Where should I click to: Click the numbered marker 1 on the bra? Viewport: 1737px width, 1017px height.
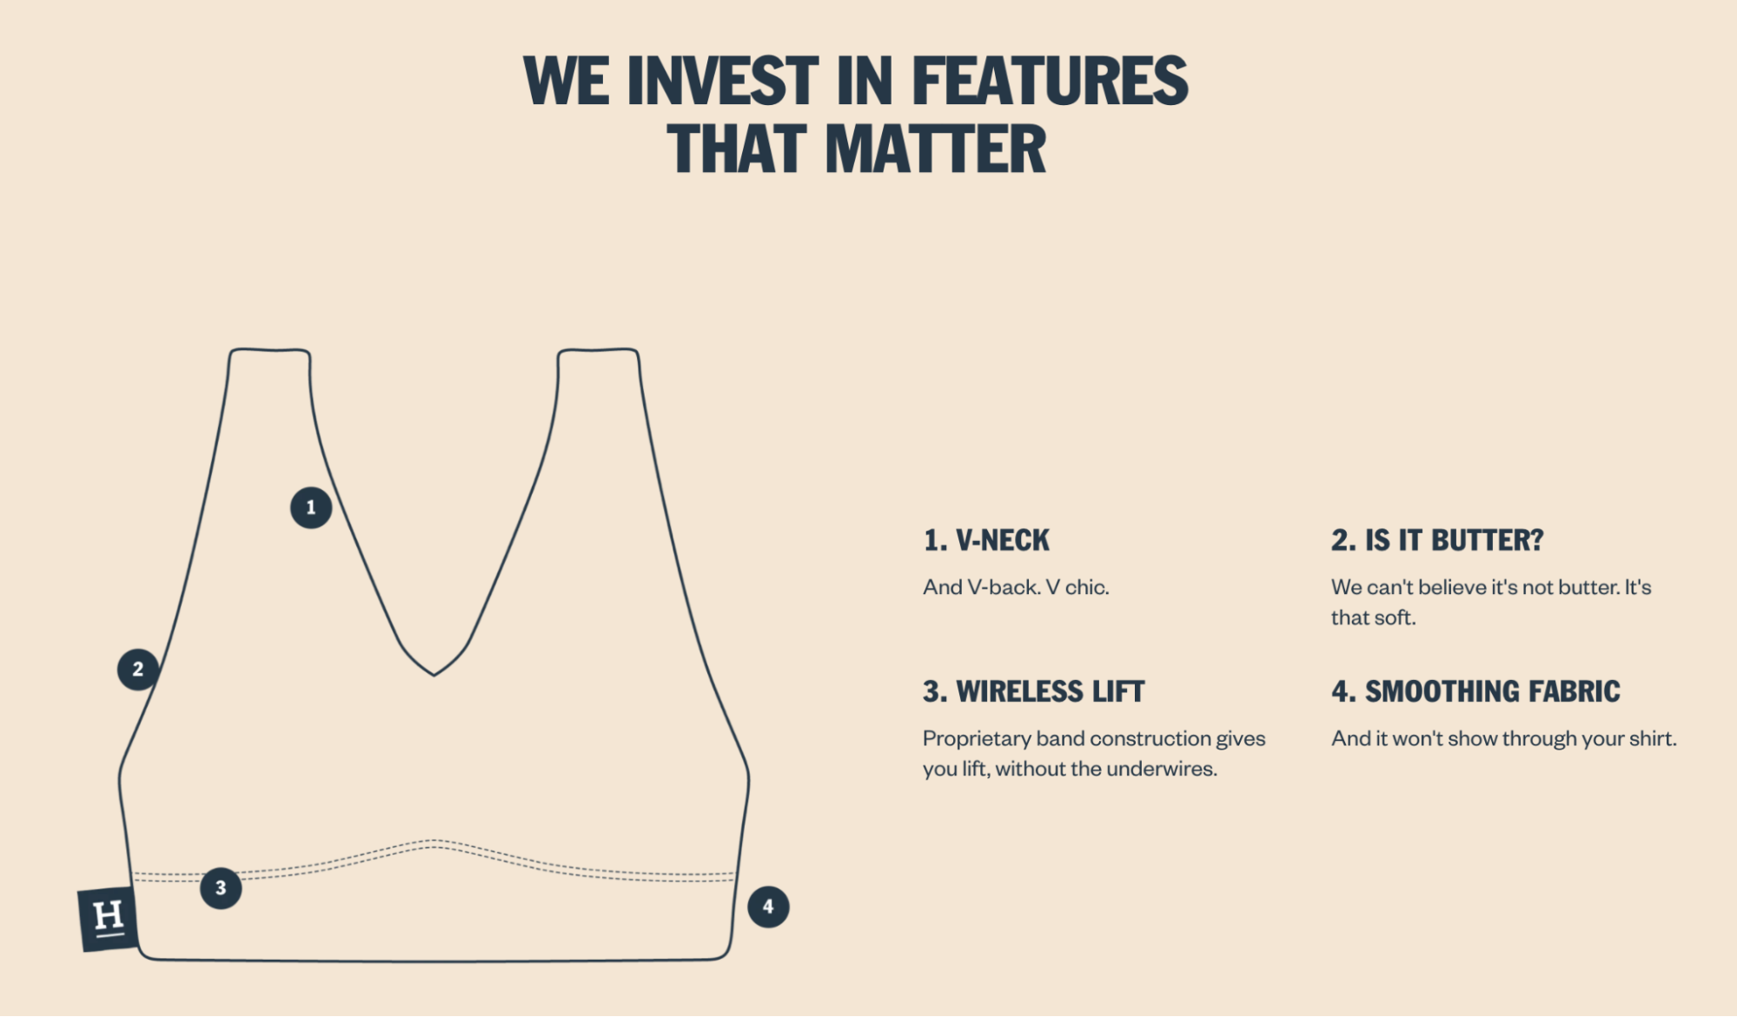(311, 507)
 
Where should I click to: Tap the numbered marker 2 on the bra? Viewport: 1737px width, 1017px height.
(138, 669)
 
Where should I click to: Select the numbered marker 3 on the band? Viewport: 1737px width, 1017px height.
(221, 888)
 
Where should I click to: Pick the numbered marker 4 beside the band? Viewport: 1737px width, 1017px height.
(768, 907)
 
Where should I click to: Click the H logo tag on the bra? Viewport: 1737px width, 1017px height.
(108, 918)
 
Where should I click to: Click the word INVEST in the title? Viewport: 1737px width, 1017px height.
(722, 81)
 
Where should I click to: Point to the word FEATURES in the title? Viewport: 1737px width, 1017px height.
(1050, 81)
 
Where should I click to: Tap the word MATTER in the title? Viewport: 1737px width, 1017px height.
(936, 149)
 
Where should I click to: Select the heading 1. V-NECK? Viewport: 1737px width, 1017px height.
(986, 540)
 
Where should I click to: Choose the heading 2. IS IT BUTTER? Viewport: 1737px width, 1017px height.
(1437, 540)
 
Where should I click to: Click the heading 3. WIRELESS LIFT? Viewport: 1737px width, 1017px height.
(1034, 691)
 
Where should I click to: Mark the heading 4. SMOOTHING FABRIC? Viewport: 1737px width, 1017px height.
(1475, 691)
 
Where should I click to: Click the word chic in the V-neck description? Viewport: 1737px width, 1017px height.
(1087, 587)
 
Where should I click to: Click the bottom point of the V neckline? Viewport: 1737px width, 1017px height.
(434, 675)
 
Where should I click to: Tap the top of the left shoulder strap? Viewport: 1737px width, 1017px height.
(270, 350)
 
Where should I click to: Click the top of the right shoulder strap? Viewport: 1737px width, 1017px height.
(598, 350)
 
